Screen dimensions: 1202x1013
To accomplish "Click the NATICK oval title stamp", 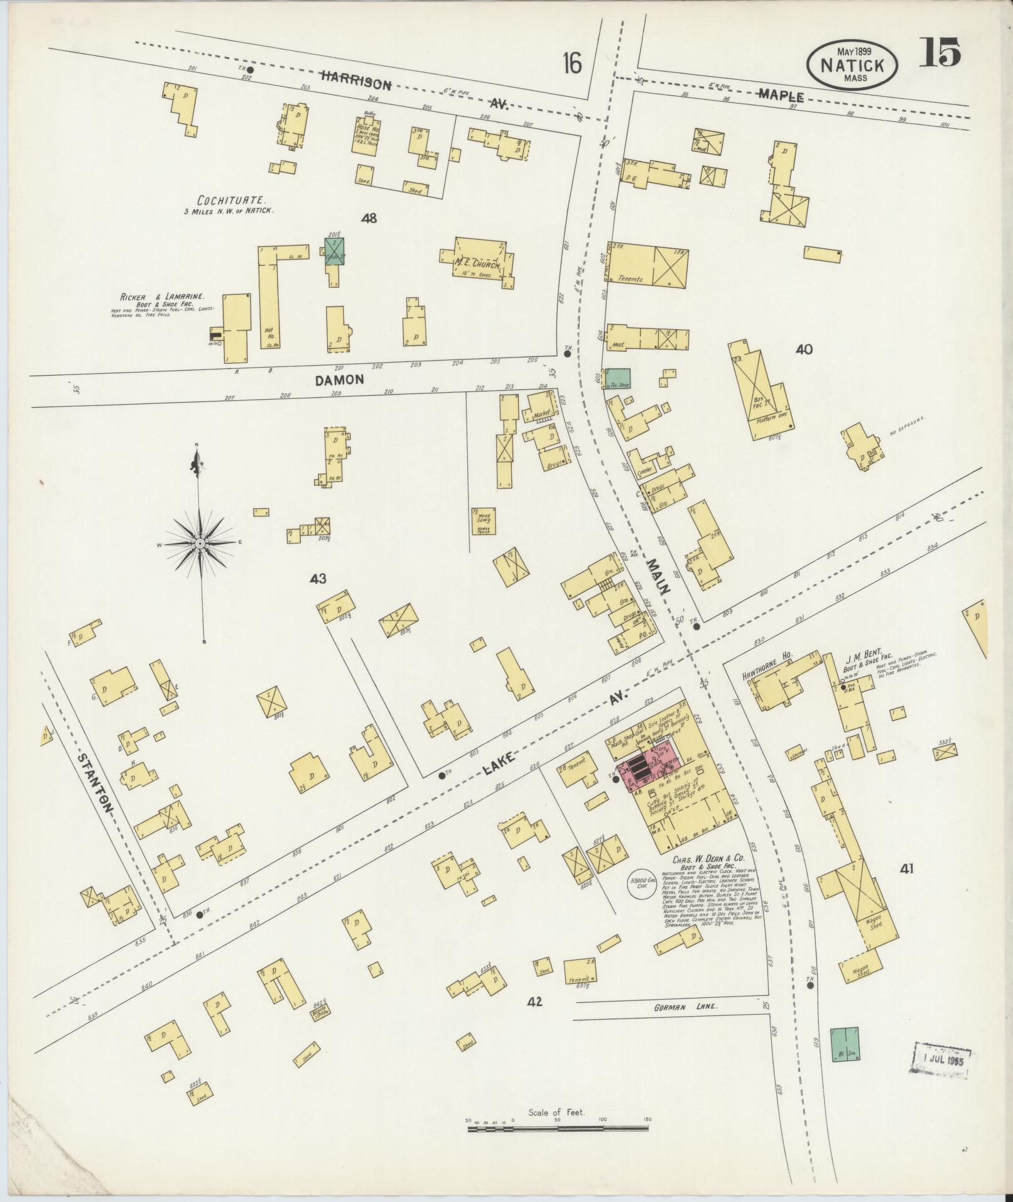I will [852, 65].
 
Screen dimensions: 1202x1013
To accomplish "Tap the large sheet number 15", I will [940, 52].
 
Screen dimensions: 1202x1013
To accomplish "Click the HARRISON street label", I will [356, 80].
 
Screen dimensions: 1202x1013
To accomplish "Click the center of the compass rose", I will [200, 542].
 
